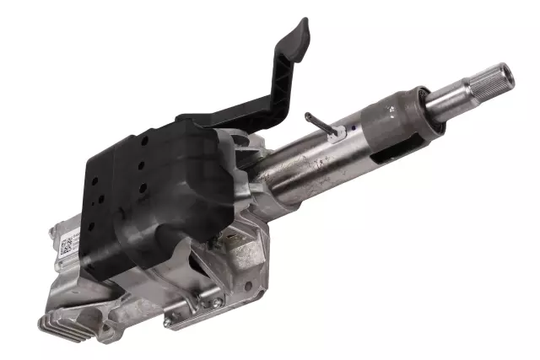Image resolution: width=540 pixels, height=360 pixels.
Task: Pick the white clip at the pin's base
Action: pyautogui.click(x=337, y=132)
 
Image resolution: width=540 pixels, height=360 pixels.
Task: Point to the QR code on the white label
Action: pyautogui.click(x=66, y=247)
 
